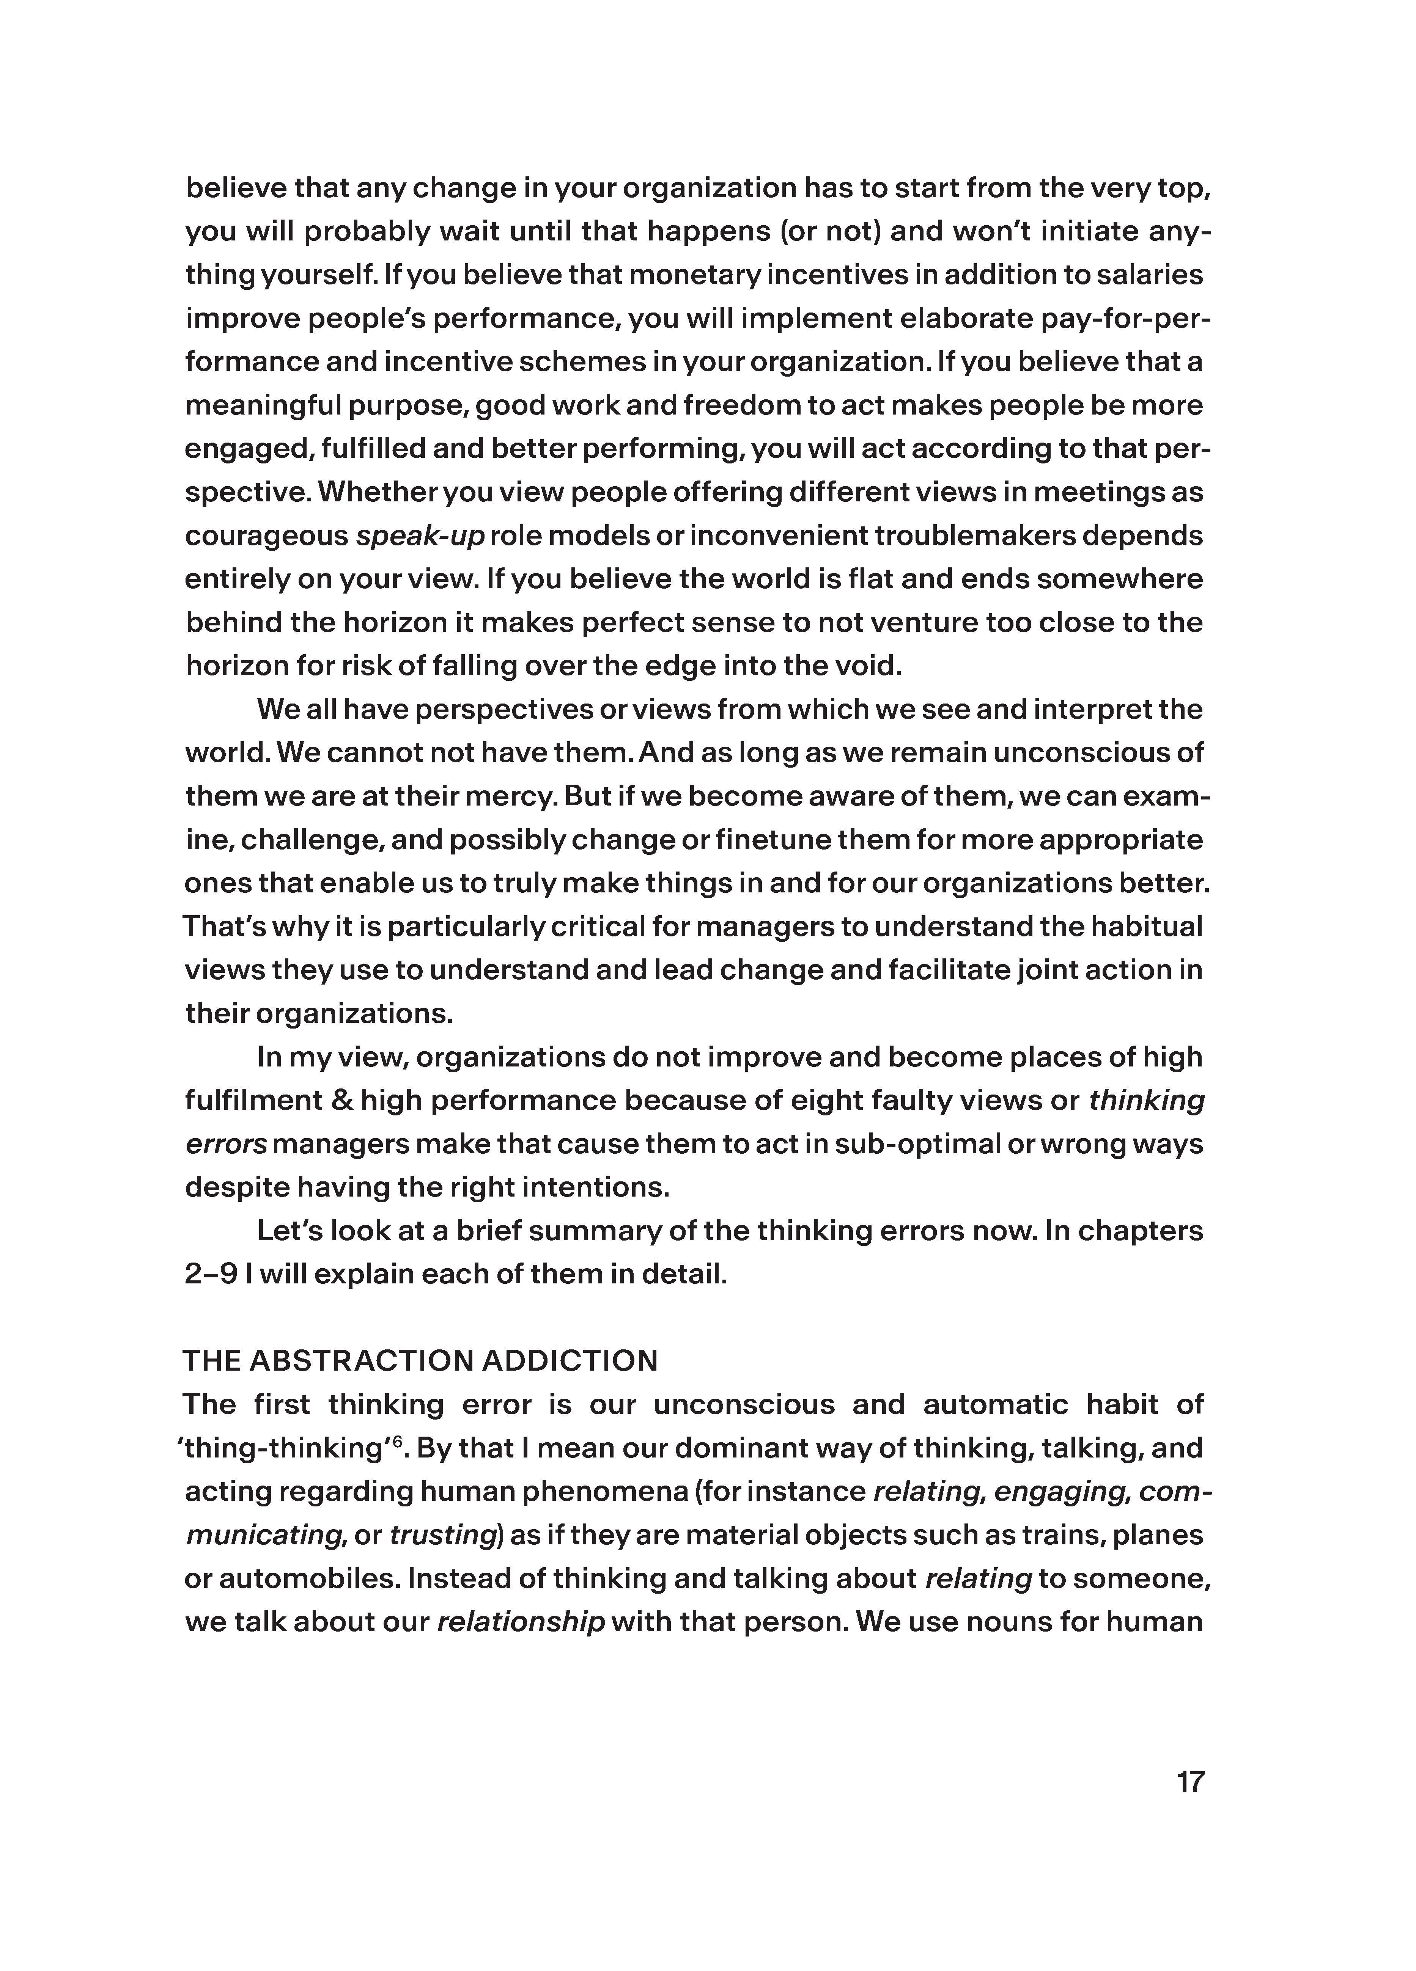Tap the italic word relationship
(x=521, y=1622)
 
